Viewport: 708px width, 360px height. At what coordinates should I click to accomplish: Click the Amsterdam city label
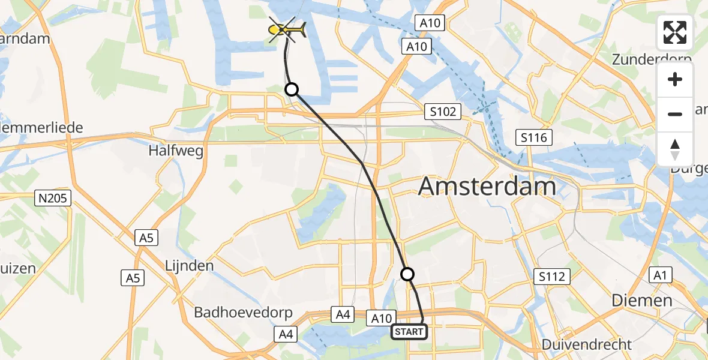tap(487, 187)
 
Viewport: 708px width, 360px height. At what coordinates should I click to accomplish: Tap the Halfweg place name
tap(176, 150)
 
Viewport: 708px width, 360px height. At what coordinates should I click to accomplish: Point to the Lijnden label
tap(190, 265)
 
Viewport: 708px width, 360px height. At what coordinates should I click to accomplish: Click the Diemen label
tap(641, 300)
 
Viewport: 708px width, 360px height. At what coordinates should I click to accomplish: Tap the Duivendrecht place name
tap(586, 344)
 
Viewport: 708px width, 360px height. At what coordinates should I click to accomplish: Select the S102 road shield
tap(443, 112)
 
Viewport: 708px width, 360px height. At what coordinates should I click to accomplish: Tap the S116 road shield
tap(534, 138)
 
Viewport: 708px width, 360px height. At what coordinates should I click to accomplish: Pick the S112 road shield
tap(551, 277)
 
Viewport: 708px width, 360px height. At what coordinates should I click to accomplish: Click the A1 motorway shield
tap(660, 275)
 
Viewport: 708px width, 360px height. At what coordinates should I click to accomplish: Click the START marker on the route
tap(409, 332)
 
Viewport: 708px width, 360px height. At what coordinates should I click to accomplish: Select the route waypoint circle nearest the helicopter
tap(291, 89)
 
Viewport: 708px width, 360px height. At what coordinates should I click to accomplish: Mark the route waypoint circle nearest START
tap(407, 274)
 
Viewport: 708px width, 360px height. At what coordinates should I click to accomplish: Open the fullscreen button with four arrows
tap(675, 32)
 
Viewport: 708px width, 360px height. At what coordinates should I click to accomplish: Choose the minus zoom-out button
tap(675, 114)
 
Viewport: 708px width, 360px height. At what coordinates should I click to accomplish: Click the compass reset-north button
tap(675, 149)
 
